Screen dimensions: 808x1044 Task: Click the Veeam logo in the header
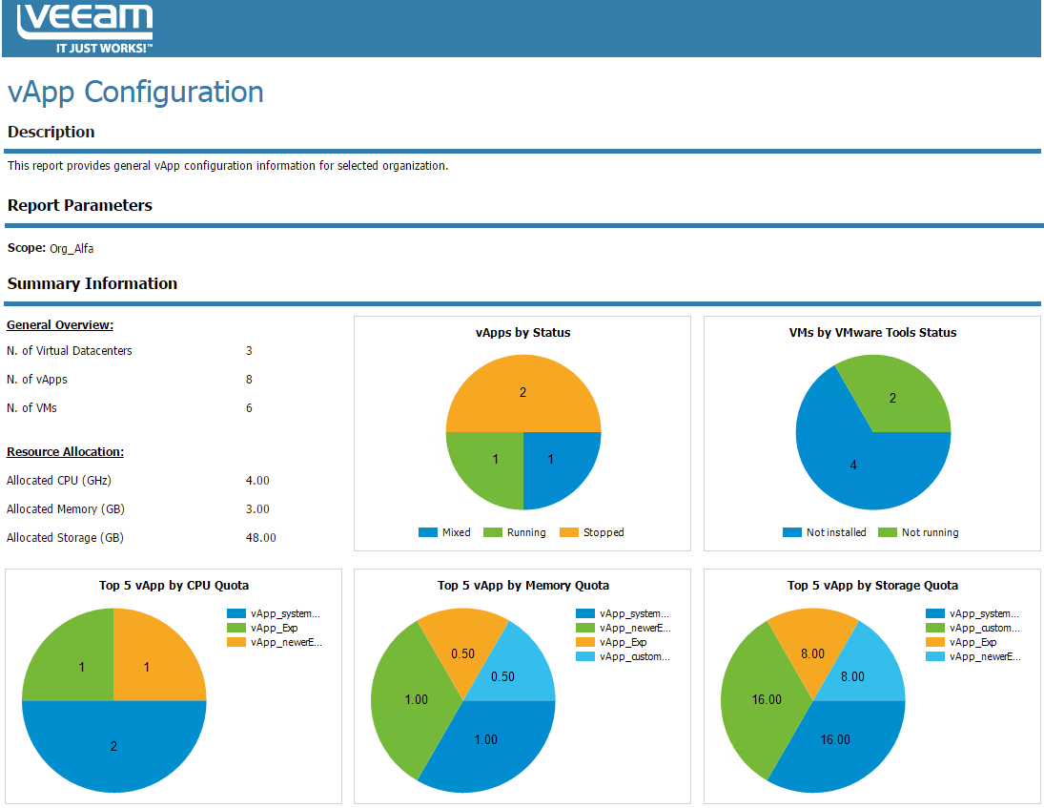pos(85,28)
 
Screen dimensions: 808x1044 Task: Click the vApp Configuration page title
pos(135,93)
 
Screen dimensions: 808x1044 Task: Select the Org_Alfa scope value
pos(72,249)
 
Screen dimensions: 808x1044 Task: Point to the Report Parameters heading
pos(80,205)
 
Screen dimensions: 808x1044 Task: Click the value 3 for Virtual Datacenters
pos(249,351)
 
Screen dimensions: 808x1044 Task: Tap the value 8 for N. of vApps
pos(249,380)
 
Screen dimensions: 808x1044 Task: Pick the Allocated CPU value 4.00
pos(257,481)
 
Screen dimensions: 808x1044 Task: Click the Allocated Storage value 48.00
pos(260,538)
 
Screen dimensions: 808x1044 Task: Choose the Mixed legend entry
pos(445,532)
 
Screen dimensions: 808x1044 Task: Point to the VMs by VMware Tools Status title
pos(872,333)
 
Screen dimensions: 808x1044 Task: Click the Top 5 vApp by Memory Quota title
pos(523,586)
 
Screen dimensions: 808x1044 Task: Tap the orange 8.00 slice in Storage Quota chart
pos(814,649)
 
